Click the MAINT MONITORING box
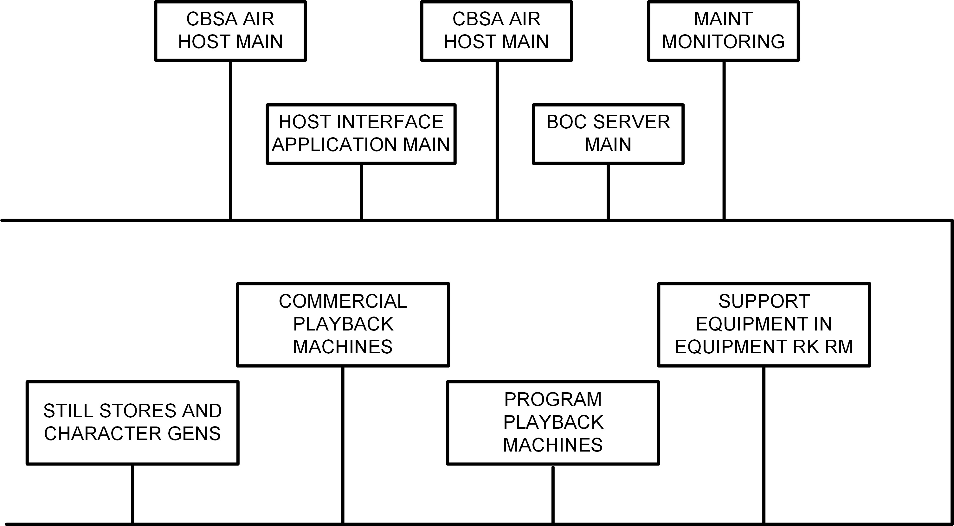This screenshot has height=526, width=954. [723, 31]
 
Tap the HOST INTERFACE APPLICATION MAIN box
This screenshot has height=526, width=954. [361, 134]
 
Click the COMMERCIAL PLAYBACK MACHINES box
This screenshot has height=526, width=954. [343, 325]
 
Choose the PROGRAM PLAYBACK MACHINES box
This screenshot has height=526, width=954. [553, 423]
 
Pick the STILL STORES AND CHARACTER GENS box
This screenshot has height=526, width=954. [132, 423]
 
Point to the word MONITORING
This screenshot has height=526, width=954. [723, 42]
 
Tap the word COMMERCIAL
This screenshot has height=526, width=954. [343, 301]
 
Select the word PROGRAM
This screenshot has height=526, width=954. [553, 399]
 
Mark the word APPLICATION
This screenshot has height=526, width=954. [334, 144]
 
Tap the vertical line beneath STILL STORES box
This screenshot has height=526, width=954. [132, 494]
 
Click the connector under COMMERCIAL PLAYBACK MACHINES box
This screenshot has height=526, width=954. [343, 444]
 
